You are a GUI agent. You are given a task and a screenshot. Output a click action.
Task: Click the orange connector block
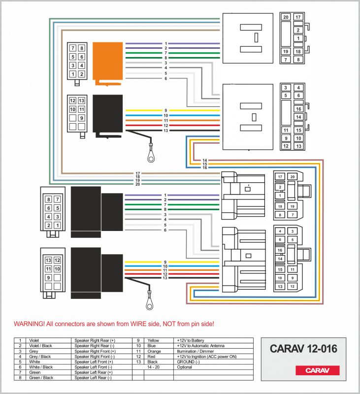click(108, 62)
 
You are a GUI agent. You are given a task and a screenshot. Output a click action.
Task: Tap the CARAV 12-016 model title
click(303, 349)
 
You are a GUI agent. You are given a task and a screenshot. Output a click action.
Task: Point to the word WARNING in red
click(29, 324)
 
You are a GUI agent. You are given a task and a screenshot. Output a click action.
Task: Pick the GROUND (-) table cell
click(188, 361)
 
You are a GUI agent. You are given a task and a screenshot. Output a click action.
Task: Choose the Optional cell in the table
click(185, 367)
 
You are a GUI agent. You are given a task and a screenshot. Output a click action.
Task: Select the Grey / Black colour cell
click(40, 357)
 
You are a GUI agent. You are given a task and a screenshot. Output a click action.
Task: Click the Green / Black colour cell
click(41, 378)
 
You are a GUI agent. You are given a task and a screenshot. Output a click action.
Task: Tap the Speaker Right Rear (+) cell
click(95, 340)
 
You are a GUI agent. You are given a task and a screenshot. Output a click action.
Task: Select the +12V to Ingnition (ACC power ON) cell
click(206, 357)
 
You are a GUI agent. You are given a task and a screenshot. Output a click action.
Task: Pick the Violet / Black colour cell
click(41, 346)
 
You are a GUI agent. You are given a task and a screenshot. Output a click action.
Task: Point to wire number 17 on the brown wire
click(138, 173)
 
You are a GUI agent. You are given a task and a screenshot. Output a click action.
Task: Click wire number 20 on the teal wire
click(138, 184)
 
